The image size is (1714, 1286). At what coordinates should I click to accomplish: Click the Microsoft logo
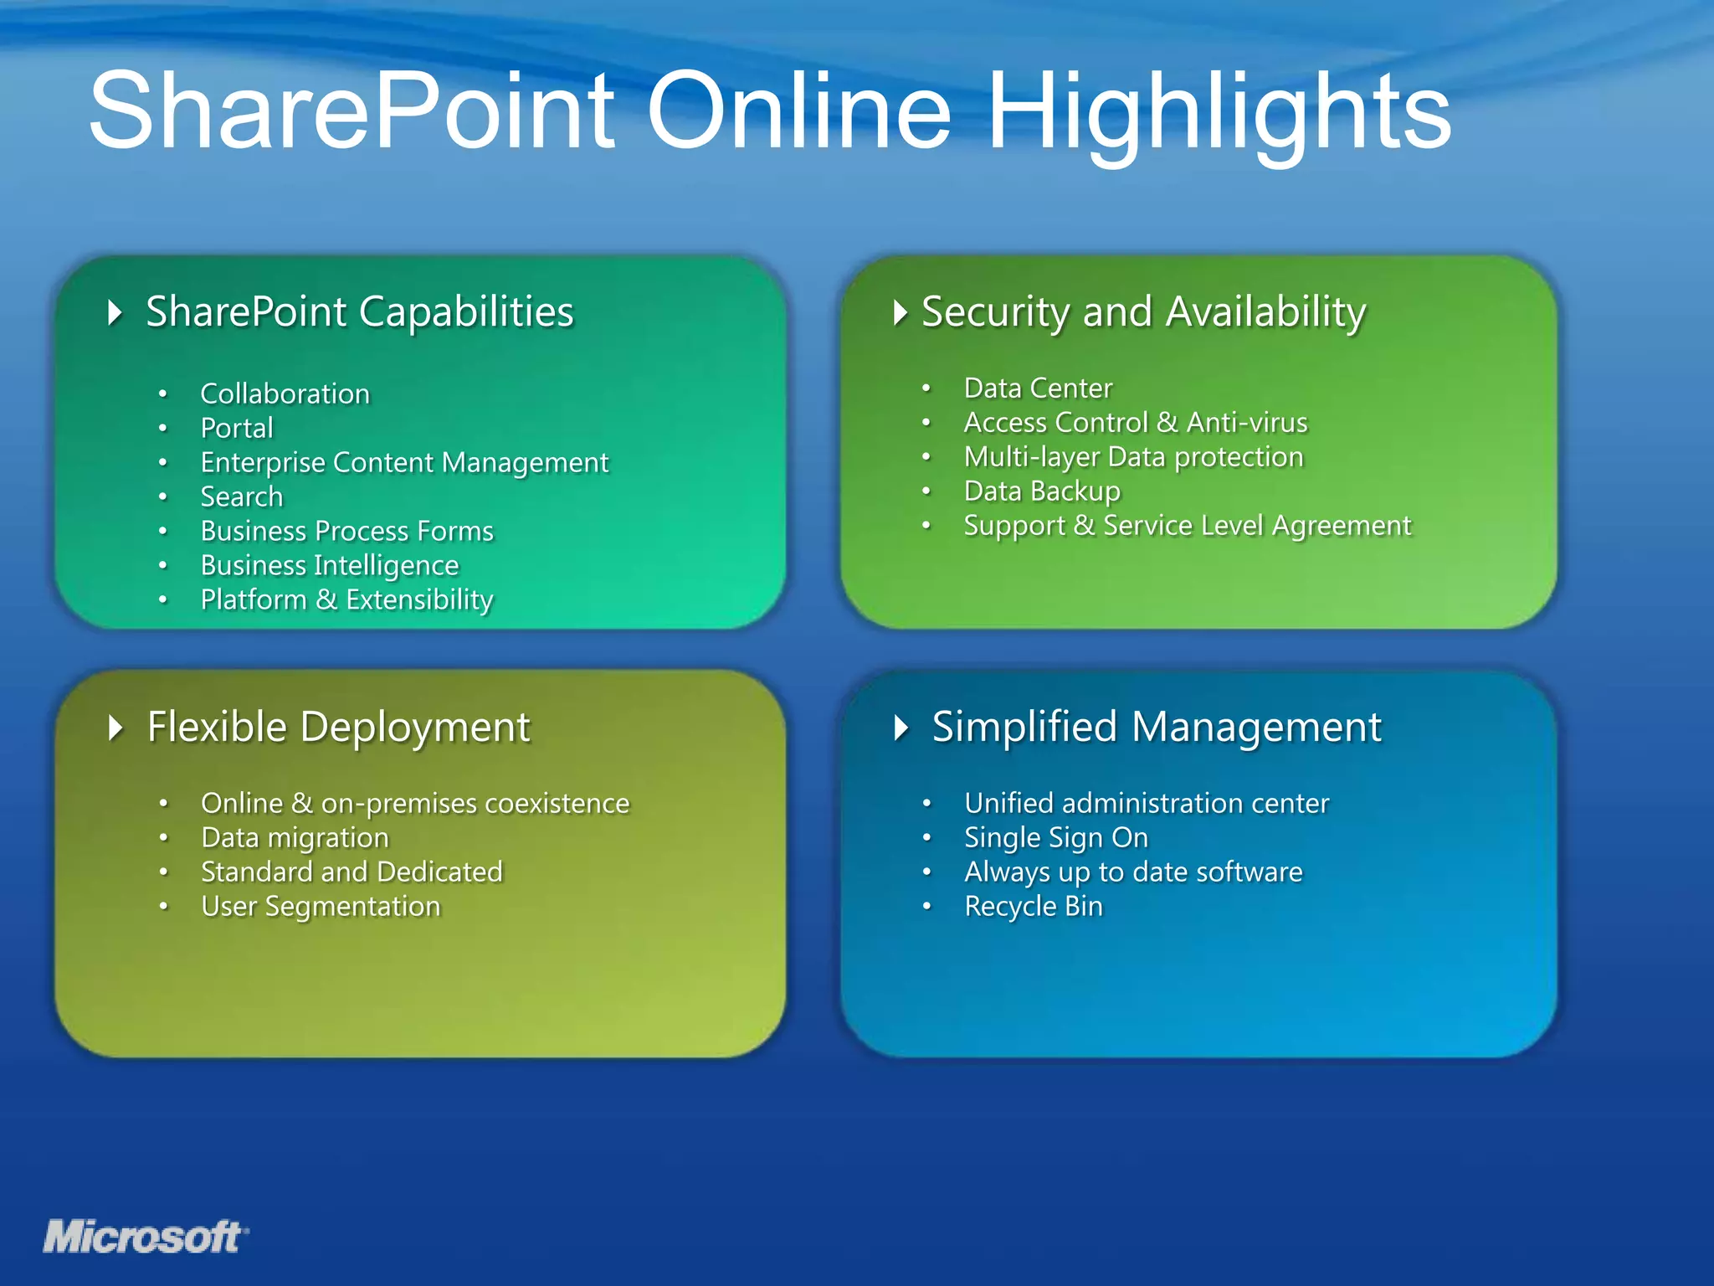144,1237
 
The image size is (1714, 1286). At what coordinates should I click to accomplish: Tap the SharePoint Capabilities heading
360,311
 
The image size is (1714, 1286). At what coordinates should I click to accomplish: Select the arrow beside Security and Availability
900,313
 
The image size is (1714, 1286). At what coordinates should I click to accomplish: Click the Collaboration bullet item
285,394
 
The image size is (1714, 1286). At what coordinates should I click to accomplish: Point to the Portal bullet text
237,428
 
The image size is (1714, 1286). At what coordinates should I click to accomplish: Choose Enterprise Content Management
404,462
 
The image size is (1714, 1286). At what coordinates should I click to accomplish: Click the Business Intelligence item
330,565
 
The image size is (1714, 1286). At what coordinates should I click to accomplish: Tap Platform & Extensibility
346,599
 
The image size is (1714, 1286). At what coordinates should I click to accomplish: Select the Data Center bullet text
1038,388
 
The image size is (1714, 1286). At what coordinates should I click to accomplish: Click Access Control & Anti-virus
1135,422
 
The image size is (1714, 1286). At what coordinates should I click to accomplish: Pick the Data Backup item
1041,491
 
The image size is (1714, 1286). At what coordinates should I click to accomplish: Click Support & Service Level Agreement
1187,525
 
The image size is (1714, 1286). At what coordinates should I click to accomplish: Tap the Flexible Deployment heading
338,727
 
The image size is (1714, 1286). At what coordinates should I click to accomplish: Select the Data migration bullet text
295,837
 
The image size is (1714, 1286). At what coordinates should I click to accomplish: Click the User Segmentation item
321,906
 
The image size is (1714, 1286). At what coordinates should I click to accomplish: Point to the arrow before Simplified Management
901,728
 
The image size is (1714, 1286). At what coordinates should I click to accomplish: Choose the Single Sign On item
1055,837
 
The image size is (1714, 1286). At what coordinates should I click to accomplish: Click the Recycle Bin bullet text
1033,906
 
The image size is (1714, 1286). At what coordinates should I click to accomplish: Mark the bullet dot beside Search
163,496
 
